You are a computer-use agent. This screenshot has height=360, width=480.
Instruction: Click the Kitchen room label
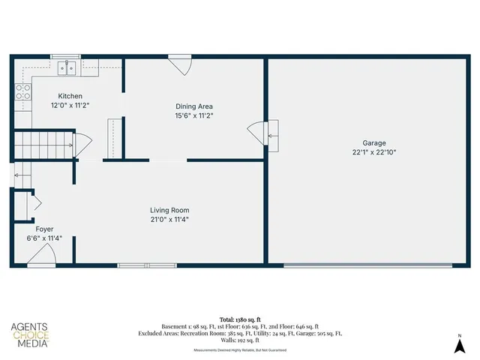pos(70,96)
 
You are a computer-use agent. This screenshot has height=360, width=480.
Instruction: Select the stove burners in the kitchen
pos(23,92)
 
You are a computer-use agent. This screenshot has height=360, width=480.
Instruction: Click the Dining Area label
pos(195,106)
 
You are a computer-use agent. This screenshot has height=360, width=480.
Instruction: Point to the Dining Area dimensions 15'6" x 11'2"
pos(195,115)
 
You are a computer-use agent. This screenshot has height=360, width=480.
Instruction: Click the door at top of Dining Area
pos(181,64)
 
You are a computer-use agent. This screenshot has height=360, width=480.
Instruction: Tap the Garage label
pos(374,142)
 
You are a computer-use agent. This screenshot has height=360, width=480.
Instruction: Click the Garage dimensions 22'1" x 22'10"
pos(374,152)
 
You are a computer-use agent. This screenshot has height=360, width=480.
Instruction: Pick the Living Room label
pos(169,210)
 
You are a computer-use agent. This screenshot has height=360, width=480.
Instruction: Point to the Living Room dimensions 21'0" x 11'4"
pos(169,220)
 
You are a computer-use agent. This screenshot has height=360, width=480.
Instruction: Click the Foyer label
pos(44,229)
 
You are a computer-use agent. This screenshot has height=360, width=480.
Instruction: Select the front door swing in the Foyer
pos(42,257)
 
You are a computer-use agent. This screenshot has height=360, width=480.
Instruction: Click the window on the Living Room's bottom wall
pos(147,265)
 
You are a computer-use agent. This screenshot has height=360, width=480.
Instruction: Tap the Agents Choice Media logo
pos(30,335)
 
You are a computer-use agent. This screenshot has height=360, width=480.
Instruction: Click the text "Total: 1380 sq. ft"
pos(239,319)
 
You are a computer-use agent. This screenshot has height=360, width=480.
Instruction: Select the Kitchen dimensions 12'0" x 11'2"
pos(70,106)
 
